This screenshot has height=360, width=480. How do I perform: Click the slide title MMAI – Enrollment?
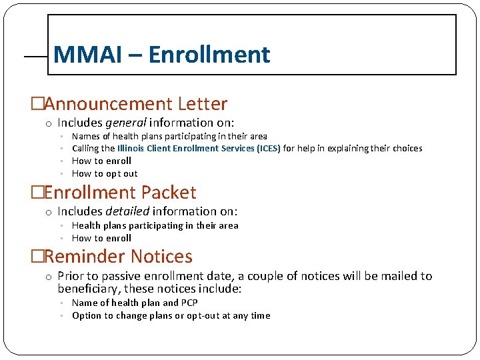pyautogui.click(x=161, y=55)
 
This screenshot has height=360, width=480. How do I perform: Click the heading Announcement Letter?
pyautogui.click(x=136, y=104)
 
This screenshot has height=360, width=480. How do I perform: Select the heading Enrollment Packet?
pyautogui.click(x=120, y=193)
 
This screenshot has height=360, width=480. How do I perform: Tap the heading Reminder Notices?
pyautogui.click(x=118, y=257)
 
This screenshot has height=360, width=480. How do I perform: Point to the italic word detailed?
pyautogui.click(x=127, y=211)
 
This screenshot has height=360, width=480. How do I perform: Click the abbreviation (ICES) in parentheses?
pyautogui.click(x=269, y=149)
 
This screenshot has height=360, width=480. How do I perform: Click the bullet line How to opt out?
pyautogui.click(x=105, y=174)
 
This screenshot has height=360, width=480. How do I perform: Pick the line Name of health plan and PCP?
pyautogui.click(x=135, y=303)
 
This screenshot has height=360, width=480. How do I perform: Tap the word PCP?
pyautogui.click(x=189, y=303)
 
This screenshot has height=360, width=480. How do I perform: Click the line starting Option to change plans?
pyautogui.click(x=171, y=316)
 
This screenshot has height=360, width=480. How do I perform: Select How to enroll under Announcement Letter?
pyautogui.click(x=101, y=161)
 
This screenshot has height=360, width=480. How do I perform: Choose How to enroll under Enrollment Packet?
pyautogui.click(x=101, y=238)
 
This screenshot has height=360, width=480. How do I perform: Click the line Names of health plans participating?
pyautogui.click(x=169, y=137)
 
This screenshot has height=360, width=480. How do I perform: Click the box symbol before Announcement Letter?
pyautogui.click(x=37, y=105)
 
